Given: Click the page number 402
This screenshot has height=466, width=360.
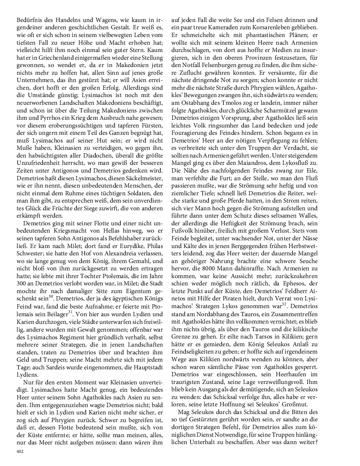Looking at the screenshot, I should pyautogui.click(x=20, y=451).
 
